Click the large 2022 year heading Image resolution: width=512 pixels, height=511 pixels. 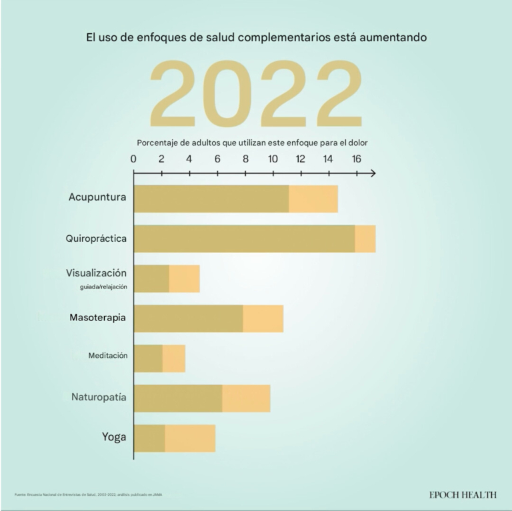click(256, 95)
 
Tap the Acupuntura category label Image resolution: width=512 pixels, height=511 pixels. click(97, 198)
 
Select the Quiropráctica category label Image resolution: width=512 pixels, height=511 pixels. click(96, 238)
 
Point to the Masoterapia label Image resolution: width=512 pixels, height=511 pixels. click(98, 318)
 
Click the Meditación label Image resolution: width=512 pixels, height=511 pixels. click(107, 356)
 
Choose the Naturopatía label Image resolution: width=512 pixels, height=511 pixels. click(99, 398)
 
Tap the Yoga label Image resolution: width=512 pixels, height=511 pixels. click(114, 437)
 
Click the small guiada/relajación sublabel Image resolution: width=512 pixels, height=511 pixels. click(103, 287)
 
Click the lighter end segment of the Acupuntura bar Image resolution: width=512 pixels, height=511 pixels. click(313, 199)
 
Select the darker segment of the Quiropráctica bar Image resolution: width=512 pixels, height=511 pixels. click(244, 239)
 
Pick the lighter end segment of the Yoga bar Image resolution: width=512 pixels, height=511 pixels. click(190, 438)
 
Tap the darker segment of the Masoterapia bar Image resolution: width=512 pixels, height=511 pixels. click(189, 318)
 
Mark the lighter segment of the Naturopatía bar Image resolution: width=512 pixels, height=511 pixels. click(246, 398)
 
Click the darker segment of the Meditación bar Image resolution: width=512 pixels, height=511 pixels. click(149, 358)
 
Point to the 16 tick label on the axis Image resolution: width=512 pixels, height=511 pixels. click(356, 159)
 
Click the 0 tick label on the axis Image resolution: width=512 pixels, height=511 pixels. click(134, 159)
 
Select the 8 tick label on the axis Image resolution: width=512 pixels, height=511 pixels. click(245, 159)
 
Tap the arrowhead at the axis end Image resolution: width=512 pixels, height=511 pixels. click(372, 174)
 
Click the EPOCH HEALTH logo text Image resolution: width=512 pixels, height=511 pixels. click(463, 494)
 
